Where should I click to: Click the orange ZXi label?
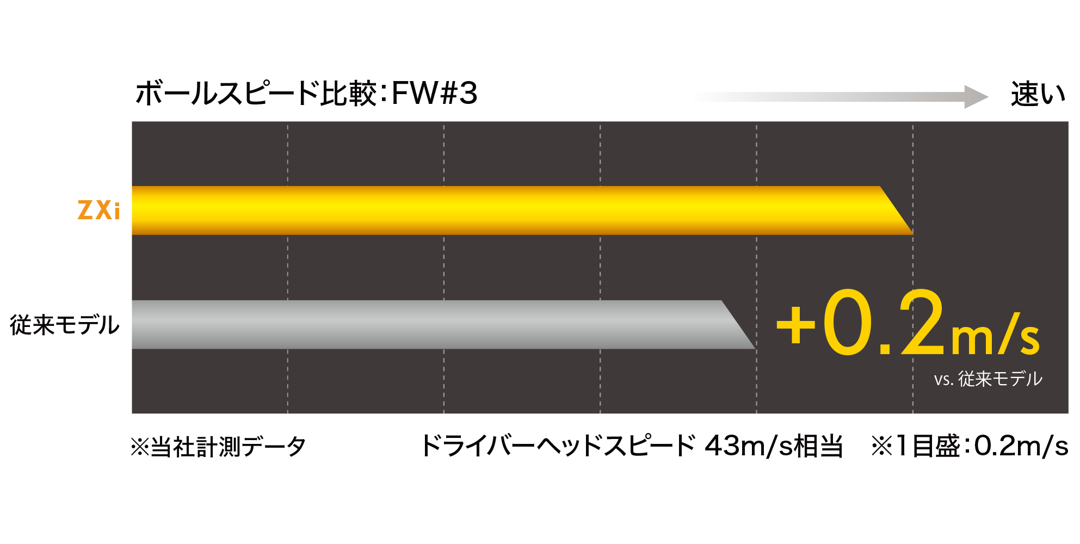click(x=98, y=211)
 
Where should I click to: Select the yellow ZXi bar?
click(x=490, y=211)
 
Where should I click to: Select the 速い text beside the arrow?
click(x=1038, y=95)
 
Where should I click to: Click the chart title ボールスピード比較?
click(x=256, y=94)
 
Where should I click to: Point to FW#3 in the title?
click(x=434, y=94)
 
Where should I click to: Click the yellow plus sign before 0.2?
click(x=795, y=325)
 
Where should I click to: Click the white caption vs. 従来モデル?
click(x=988, y=379)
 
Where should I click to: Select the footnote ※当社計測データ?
click(x=218, y=447)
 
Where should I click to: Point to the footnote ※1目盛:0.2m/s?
click(x=968, y=447)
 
